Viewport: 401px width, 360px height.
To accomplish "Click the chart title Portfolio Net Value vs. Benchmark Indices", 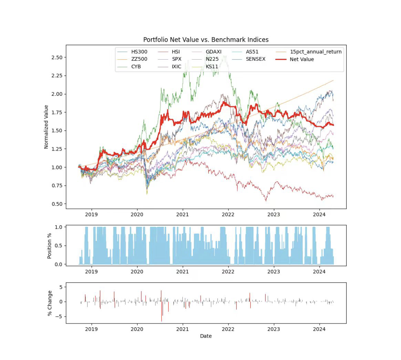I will pos(206,40).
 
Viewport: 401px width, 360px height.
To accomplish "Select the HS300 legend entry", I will pos(139,52).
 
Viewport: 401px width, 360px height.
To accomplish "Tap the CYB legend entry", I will pos(136,66).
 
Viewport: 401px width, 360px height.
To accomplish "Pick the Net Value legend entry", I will pos(301,59).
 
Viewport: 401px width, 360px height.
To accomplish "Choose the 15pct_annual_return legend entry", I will pos(316,52).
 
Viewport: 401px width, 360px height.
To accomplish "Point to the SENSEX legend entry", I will pos(256,59).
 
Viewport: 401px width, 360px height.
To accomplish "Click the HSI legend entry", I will pos(176,52).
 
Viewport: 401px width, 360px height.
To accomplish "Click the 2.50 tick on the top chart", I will pos(56,57).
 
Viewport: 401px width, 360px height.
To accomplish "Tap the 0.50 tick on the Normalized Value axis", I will pos(56,204).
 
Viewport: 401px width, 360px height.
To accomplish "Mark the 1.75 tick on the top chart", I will pos(56,112).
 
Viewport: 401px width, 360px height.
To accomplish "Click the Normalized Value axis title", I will pos(46,127).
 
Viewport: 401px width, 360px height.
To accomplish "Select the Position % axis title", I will pos(50,245).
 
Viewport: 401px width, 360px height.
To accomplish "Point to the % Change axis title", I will pos(50,303).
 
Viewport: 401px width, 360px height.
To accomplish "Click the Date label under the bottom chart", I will pos(206,336).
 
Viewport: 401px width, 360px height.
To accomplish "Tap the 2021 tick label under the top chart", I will pos(183,214).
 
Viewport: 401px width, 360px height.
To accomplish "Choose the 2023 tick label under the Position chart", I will pos(274,271).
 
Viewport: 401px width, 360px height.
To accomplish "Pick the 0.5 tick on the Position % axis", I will pos(59,246).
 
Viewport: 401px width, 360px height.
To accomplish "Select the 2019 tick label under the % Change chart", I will pos(91,329).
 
